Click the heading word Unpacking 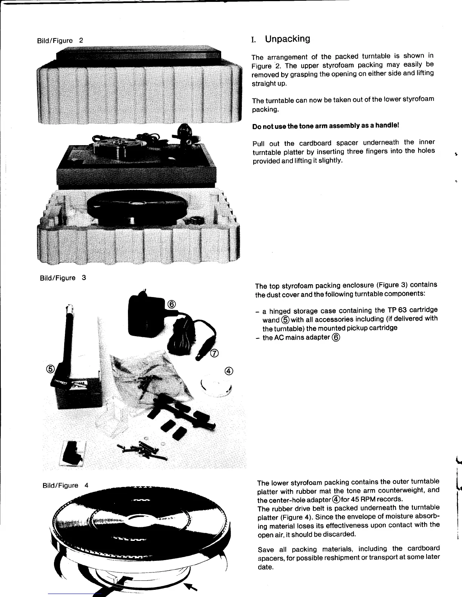click(287, 39)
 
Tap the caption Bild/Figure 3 click(63, 278)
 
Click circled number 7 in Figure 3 click(214, 353)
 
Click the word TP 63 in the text click(397, 310)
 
